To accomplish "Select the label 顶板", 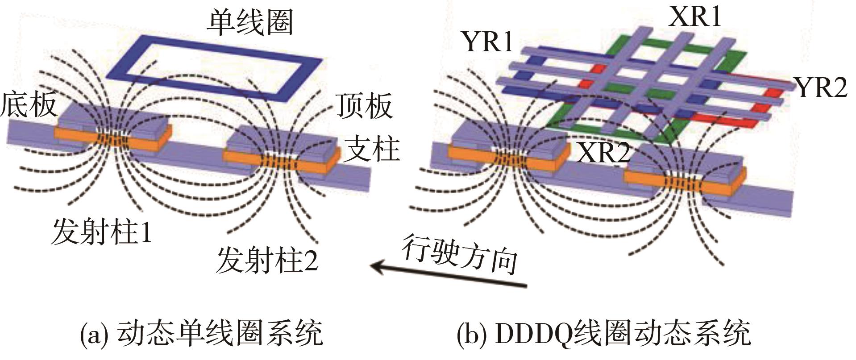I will pos(364,106).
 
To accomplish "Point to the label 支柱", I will pos(373,149).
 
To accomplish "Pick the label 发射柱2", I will pos(267,261).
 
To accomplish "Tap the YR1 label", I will pos(488,42).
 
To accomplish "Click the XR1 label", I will pos(695,17).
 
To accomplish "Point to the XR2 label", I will pos(603,153).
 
